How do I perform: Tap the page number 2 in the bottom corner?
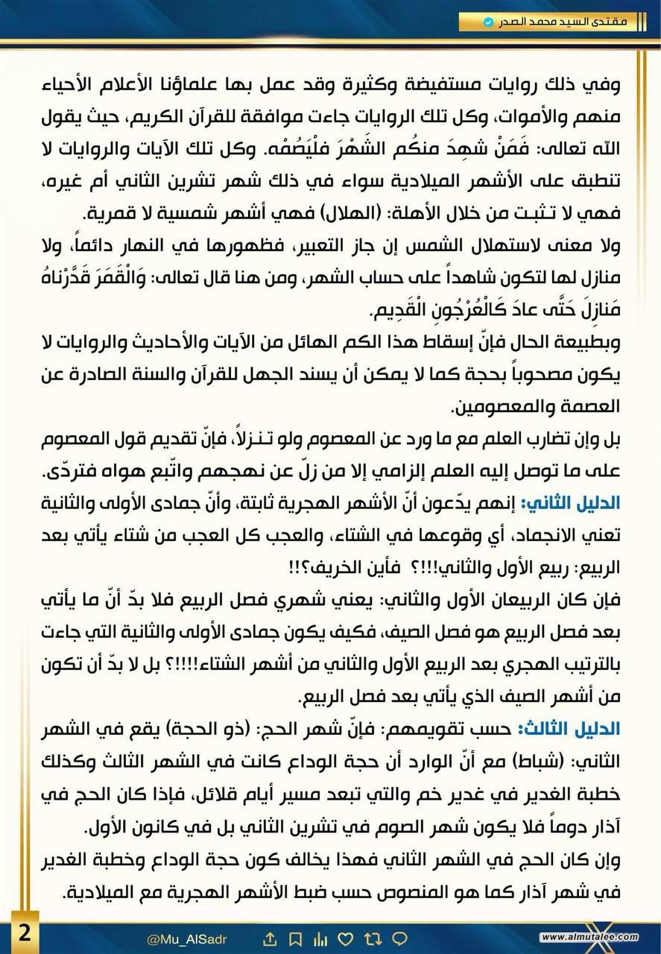tap(24, 933)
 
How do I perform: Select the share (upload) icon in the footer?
tap(271, 937)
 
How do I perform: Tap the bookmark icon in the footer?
tap(296, 937)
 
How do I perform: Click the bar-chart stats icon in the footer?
tap(321, 937)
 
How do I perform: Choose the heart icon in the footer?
tap(347, 937)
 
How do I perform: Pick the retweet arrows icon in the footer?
tap(373, 937)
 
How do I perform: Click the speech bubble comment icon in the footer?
tap(399, 937)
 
